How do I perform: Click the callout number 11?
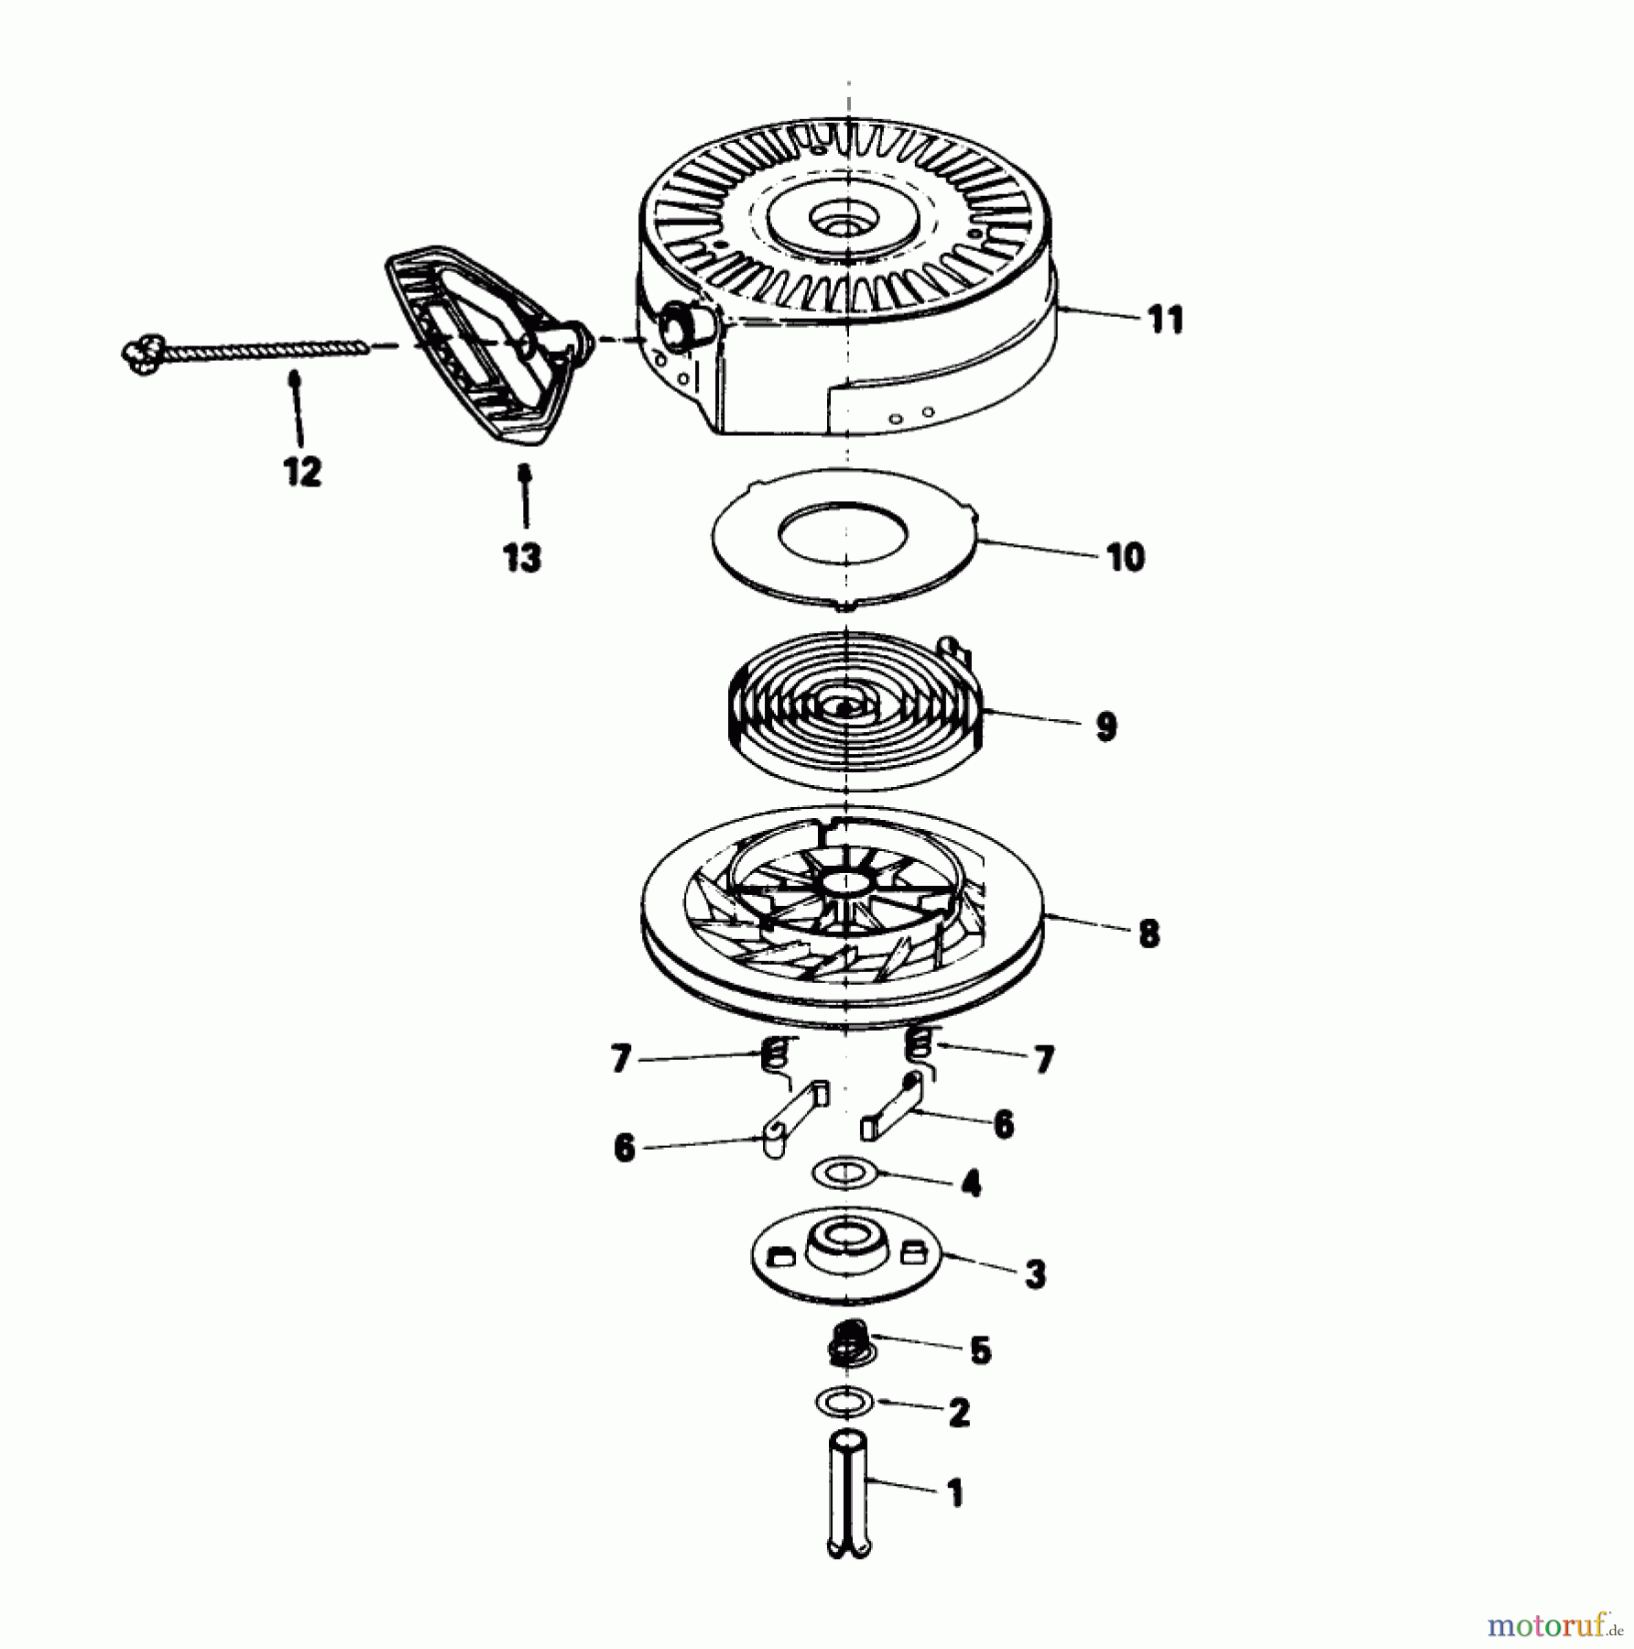[x=1165, y=321]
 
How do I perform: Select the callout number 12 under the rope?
[x=302, y=472]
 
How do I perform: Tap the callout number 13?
[x=522, y=556]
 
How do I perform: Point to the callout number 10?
[x=1126, y=557]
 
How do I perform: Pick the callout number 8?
[x=1149, y=934]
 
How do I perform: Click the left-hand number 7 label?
[x=620, y=1060]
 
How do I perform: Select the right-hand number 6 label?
[x=1004, y=1124]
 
